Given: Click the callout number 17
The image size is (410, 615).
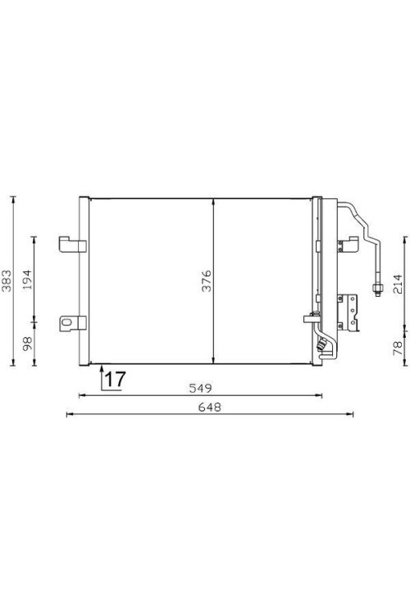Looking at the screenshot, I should point(115,379).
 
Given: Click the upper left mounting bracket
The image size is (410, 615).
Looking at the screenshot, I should point(67,244).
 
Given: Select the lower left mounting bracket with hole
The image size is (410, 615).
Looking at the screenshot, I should point(67,322).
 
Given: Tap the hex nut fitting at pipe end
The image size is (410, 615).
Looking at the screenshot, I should point(379,287).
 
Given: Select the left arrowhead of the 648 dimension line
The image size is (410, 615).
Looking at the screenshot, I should point(69,414).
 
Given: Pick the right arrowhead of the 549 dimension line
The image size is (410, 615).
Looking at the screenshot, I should point(321,395).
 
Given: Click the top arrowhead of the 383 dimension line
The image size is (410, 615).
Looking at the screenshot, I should point(14,198).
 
